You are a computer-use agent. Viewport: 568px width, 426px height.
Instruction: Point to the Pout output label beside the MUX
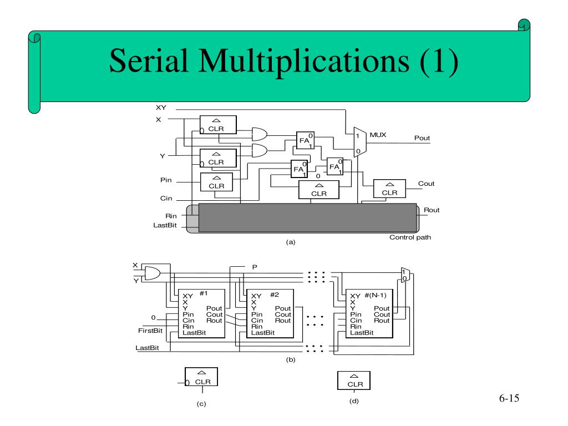[422, 138]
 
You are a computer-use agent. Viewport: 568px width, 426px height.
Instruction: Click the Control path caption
[410, 237]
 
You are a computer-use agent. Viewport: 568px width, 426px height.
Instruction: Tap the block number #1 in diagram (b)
[204, 293]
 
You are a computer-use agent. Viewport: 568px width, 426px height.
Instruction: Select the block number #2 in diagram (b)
[275, 294]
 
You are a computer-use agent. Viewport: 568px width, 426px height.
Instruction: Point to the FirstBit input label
[150, 331]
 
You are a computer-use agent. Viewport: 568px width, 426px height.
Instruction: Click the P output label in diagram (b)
[255, 267]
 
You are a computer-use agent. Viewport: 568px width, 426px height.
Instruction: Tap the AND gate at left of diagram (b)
[151, 273]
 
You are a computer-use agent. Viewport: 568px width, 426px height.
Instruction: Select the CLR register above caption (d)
[354, 381]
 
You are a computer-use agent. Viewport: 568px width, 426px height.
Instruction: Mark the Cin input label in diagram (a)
[166, 199]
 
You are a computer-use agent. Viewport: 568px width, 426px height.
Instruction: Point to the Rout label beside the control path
[432, 210]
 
